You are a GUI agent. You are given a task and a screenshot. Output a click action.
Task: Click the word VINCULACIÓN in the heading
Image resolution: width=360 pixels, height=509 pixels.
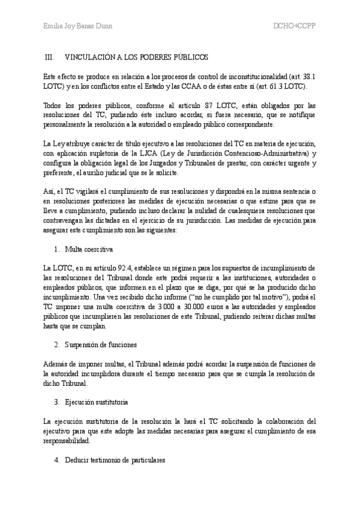tap(90, 58)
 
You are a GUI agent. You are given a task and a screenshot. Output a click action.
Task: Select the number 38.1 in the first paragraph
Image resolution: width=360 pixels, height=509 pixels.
tap(308, 78)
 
